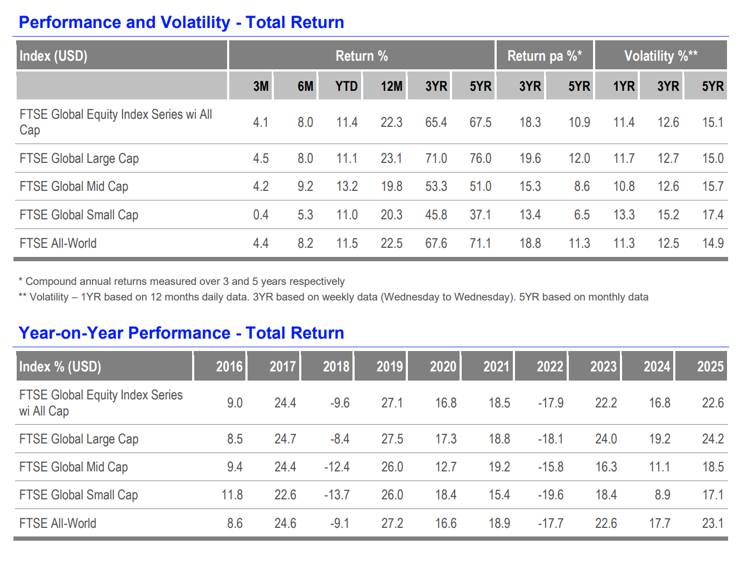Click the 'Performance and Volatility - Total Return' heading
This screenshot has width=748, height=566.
181,23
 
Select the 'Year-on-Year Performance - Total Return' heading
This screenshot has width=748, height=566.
181,333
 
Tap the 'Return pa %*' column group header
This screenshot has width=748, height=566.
545,56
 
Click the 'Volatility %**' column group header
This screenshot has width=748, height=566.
661,56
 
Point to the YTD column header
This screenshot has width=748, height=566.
346,86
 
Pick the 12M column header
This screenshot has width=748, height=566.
391,86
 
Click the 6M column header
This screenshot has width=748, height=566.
305,86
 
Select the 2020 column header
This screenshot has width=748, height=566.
443,367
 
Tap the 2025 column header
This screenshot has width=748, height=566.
710,367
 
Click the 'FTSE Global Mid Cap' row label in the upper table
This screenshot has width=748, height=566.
74,187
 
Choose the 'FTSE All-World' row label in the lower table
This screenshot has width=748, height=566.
58,523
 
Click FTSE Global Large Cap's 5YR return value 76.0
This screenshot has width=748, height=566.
481,158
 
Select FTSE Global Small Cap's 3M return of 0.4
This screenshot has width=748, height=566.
260,215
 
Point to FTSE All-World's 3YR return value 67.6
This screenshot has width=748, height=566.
436,243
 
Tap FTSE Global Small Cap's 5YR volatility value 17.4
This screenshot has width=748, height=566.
713,215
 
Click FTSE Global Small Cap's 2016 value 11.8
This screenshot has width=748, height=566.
232,495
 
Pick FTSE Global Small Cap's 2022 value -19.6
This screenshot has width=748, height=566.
551,495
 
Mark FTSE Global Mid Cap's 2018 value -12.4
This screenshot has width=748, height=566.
337,467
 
